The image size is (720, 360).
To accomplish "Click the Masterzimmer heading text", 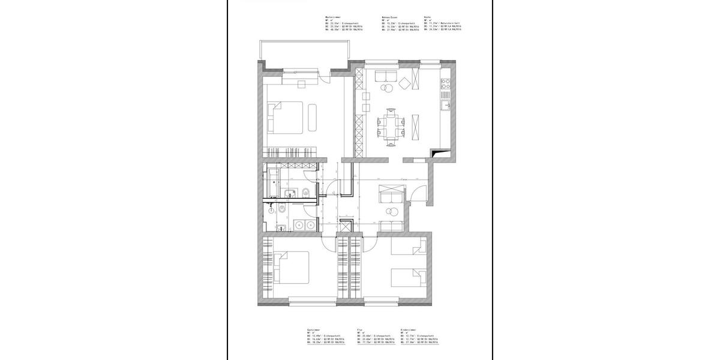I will (334, 17).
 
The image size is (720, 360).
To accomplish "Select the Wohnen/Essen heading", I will (391, 17).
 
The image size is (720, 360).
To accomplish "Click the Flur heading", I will (359, 329).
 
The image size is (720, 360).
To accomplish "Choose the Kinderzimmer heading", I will (408, 329).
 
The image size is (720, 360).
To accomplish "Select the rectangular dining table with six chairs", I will (391, 126).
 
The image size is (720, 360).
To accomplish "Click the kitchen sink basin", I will (445, 106).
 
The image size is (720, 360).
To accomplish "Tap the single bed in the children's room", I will (408, 277).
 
